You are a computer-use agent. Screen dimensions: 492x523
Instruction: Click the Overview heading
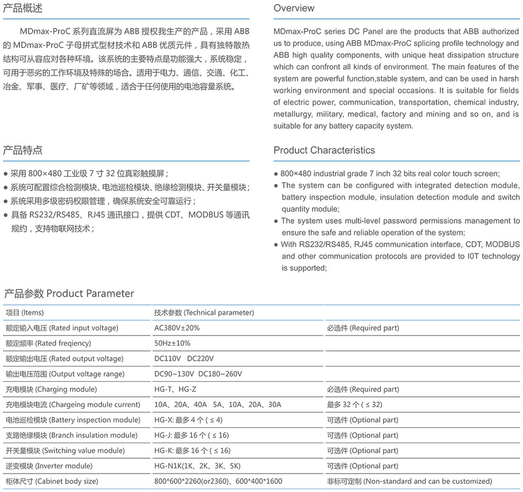pos(294,8)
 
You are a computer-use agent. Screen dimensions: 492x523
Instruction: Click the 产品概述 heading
pos(23,8)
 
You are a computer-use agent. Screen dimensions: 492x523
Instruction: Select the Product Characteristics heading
pos(324,150)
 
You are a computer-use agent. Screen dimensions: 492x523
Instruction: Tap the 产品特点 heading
pos(23,150)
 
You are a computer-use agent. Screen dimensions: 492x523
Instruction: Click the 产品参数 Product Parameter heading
pos(69,294)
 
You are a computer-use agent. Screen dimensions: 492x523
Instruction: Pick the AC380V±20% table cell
pos(177,328)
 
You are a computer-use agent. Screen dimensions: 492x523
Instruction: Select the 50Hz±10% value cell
pos(173,343)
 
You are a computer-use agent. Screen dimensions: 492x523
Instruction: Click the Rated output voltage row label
pos(64,359)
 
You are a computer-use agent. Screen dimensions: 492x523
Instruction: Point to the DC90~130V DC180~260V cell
pos(198,374)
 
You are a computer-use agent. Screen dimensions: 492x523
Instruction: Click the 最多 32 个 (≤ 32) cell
pos(354,405)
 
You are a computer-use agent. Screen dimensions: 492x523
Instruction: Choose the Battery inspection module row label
pos(73,420)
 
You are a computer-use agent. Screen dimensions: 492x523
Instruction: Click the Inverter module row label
pos(49,466)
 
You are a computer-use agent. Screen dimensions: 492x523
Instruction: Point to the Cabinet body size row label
pos(52,482)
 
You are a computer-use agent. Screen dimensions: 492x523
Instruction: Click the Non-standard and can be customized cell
pos(409,482)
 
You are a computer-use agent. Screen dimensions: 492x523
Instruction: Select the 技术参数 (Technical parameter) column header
pos(204,313)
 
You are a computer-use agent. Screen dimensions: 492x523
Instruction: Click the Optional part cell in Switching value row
pos(362,451)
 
